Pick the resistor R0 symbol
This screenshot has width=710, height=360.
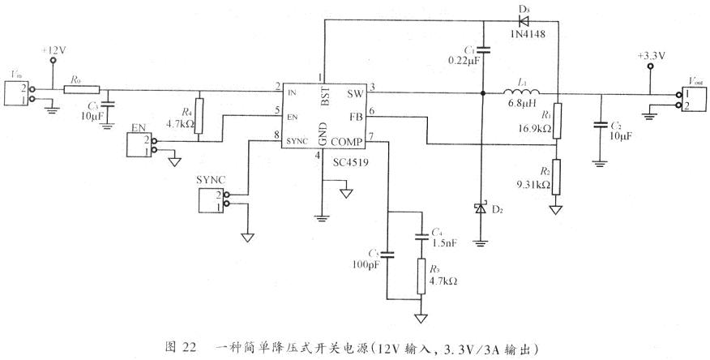(82, 89)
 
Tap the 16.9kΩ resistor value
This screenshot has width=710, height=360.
(537, 128)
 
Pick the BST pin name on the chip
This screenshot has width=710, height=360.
(325, 100)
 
